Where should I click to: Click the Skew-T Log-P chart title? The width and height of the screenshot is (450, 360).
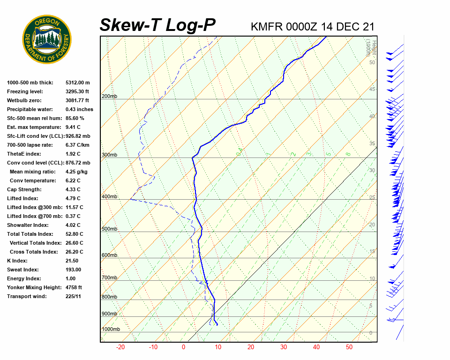coord(157,25)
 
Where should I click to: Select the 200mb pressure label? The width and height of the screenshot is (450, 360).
coord(109,97)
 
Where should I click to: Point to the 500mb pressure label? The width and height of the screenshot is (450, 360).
coord(109,229)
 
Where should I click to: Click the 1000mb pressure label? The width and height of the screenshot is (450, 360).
coord(111,330)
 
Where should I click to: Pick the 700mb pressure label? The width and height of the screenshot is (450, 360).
coord(109,278)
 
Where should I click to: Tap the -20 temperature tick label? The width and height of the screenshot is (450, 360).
coord(120,347)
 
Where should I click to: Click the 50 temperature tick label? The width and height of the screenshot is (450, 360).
coord(349,347)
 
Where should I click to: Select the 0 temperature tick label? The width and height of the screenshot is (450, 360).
coord(184,347)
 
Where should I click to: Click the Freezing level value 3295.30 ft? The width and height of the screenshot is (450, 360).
coord(77,91)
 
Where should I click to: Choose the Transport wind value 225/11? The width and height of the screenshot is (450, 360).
coord(74,296)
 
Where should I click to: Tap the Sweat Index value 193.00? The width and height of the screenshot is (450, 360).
coord(74,270)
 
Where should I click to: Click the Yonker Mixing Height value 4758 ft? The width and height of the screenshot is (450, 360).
coord(74,287)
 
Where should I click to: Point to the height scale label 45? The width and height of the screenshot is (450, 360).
coord(372,90)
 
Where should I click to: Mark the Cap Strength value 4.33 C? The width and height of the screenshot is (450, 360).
coord(73,189)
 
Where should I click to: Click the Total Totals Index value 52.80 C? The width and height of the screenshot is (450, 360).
coord(75,234)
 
